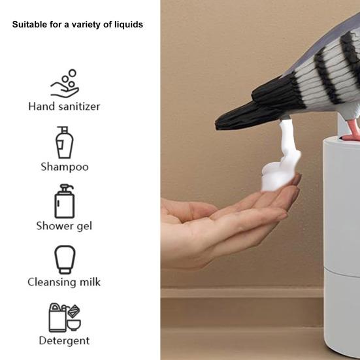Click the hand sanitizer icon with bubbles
pos(65,84)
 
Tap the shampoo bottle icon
pos(65,142)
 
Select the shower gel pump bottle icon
pos(65,201)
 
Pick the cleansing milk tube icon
pos(65,259)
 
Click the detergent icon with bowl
pos(65,318)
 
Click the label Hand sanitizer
pos(64,106)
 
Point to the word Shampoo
pos(65,167)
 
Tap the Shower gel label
pos(64,226)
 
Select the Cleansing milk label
pos(64,282)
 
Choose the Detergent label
pos(64,340)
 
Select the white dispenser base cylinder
pos(342,248)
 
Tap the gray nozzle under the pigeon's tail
pos(285,118)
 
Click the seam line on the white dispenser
pos(342,272)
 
